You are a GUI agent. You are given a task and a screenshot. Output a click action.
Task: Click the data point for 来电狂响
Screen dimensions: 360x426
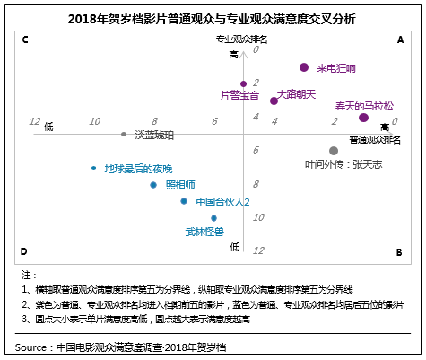(x=304, y=67)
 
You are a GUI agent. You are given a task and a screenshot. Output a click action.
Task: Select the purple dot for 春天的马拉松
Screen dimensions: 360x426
(x=363, y=118)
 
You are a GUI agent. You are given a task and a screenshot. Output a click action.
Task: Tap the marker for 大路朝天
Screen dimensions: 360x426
(x=274, y=101)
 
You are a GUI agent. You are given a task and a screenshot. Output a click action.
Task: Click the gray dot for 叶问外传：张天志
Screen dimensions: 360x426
(x=334, y=151)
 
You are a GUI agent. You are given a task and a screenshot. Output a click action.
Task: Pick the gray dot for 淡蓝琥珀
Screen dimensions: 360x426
(x=124, y=134)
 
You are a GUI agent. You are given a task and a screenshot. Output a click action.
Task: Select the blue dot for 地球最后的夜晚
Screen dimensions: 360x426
(x=94, y=168)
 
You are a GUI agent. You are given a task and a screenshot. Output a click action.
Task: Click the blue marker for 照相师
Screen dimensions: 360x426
(x=153, y=185)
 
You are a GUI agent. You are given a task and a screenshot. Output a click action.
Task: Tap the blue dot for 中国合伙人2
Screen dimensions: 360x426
(x=184, y=201)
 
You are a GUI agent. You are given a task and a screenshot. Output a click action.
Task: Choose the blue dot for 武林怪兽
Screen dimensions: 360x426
(x=213, y=218)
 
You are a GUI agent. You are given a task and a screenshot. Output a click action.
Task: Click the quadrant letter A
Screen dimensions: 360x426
(x=401, y=40)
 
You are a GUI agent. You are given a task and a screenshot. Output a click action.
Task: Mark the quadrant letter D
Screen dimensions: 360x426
(x=24, y=252)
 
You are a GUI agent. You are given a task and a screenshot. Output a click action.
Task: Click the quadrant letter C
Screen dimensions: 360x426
(x=24, y=40)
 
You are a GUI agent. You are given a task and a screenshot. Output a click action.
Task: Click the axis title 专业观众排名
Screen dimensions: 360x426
(x=241, y=40)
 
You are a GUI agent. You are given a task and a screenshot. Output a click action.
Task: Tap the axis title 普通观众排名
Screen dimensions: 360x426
(x=374, y=140)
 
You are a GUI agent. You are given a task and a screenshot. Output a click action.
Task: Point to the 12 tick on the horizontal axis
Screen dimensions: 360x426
(x=35, y=121)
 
